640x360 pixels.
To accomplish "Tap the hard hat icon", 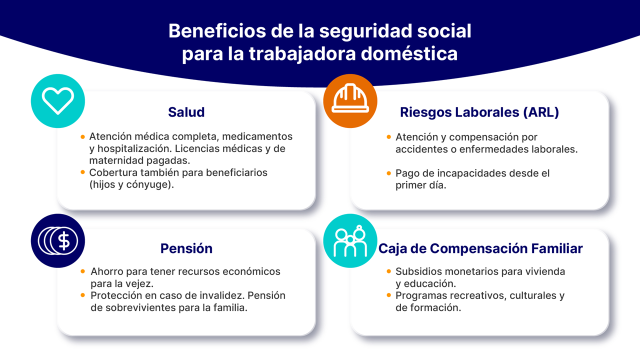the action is tap(350, 98).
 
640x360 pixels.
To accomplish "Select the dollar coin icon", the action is tap(58, 240).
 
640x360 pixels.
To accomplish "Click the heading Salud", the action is tap(186, 112).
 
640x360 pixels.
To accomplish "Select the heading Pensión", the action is tap(186, 248).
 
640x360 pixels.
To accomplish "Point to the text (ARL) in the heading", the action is tap(541, 112).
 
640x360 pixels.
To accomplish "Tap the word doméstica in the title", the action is tap(409, 53).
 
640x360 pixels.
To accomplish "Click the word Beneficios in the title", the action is tap(217, 31).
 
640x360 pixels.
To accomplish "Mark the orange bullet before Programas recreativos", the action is tap(388, 295).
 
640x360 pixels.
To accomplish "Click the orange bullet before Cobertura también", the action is tap(83, 172).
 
